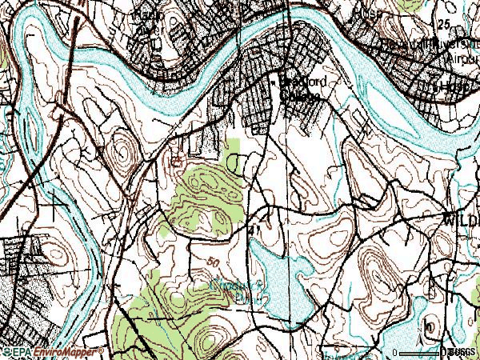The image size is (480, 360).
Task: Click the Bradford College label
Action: [x=301, y=88]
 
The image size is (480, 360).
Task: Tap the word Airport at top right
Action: [x=463, y=58]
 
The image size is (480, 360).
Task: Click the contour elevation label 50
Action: [x=211, y=262]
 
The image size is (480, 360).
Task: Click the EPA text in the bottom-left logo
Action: [x=17, y=351]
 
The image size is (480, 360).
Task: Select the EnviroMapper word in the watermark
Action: [x=61, y=351]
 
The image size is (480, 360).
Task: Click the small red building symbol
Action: [x=177, y=160]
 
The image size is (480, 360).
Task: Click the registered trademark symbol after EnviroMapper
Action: [x=101, y=350]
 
